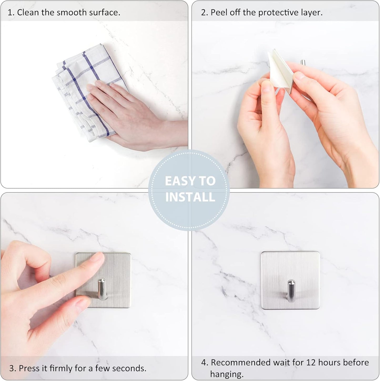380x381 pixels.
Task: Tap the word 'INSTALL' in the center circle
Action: [190, 197]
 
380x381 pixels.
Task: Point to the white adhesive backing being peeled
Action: [276, 66]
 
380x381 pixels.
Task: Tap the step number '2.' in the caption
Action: [204, 12]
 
